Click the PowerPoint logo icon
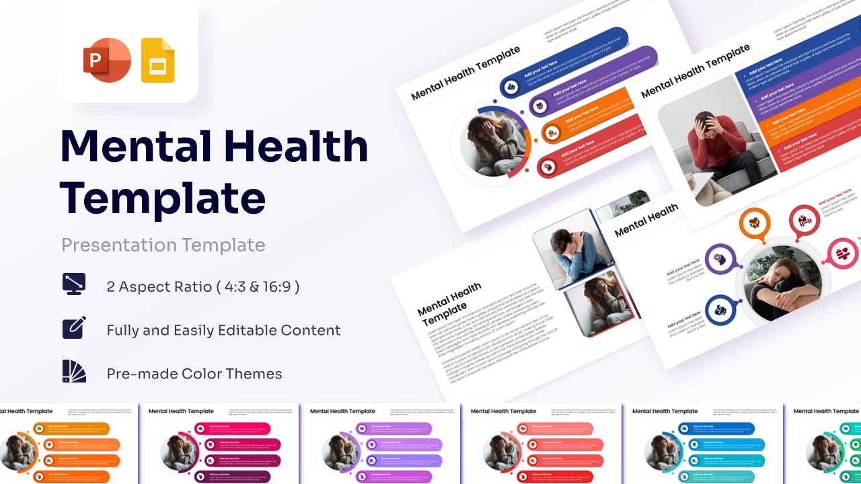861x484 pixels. pos(106,61)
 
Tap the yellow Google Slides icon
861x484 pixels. pos(157,61)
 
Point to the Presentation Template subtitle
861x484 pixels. pos(163,245)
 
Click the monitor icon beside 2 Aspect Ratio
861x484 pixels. pos(74,284)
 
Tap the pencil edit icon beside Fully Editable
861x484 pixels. pos(74,327)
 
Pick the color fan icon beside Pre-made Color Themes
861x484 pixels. pos(74,372)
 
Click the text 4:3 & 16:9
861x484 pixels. pos(258,287)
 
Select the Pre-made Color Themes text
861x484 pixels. pos(194,374)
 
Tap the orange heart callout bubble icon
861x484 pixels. pos(755,223)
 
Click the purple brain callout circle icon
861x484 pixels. pos(719,258)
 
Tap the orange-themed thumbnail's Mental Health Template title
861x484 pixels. pos(27,411)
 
